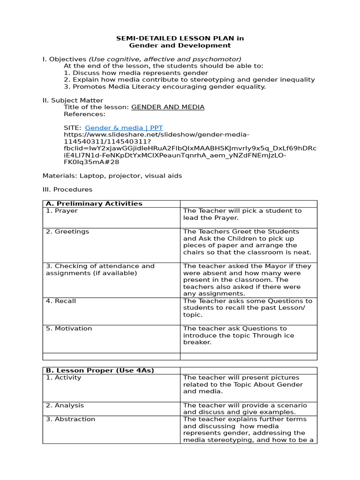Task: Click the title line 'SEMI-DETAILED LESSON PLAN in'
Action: pos(180,38)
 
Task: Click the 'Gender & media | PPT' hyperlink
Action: pos(124,127)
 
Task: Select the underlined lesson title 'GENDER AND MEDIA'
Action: pos(168,107)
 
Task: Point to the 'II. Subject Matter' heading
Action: pos(73,100)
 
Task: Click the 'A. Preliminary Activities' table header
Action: pos(94,203)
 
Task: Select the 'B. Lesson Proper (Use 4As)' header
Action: pos(100,370)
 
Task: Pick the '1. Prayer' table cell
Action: pos(62,211)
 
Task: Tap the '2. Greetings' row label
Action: pos(67,232)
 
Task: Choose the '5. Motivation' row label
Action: pos(69,329)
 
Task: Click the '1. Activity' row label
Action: pos(63,377)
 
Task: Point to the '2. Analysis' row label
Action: pos(65,405)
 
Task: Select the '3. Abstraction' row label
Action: pos(70,419)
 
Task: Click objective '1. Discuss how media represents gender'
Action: pos(136,73)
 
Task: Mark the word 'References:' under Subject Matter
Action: pos(85,114)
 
